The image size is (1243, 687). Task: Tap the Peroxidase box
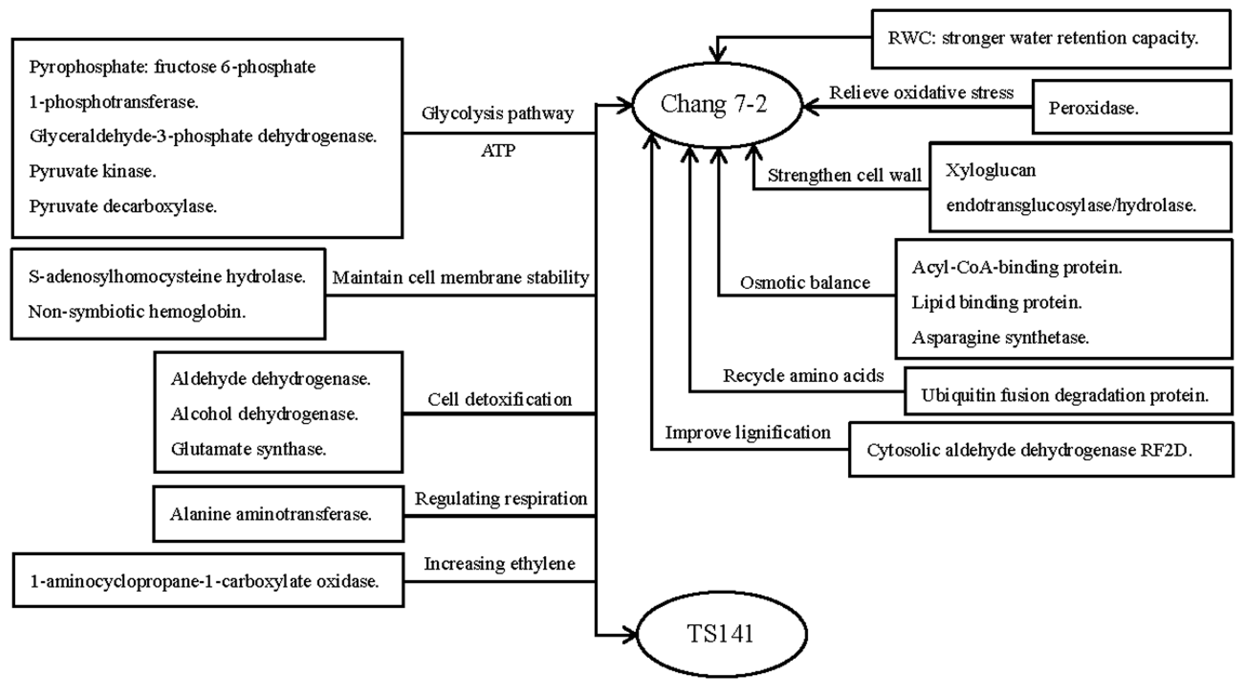1131,107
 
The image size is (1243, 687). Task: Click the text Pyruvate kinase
93,171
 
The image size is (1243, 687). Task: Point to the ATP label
498,151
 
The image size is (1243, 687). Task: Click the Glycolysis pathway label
498,113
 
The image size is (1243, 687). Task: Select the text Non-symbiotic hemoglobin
137,312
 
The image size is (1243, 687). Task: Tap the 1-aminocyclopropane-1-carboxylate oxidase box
207,581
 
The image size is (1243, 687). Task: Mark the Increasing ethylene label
499,564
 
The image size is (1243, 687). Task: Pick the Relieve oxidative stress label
921,93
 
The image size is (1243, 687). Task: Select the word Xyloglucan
990,170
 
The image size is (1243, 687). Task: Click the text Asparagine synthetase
1000,337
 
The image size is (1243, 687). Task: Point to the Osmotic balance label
805,283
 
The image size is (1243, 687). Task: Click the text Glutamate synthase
248,449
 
